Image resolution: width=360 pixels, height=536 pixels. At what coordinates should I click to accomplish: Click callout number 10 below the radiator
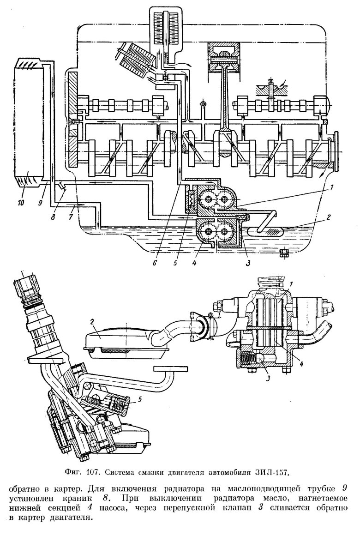pyautogui.click(x=20, y=202)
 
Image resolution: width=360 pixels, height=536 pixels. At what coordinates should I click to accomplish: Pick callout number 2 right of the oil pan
pyautogui.click(x=328, y=217)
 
